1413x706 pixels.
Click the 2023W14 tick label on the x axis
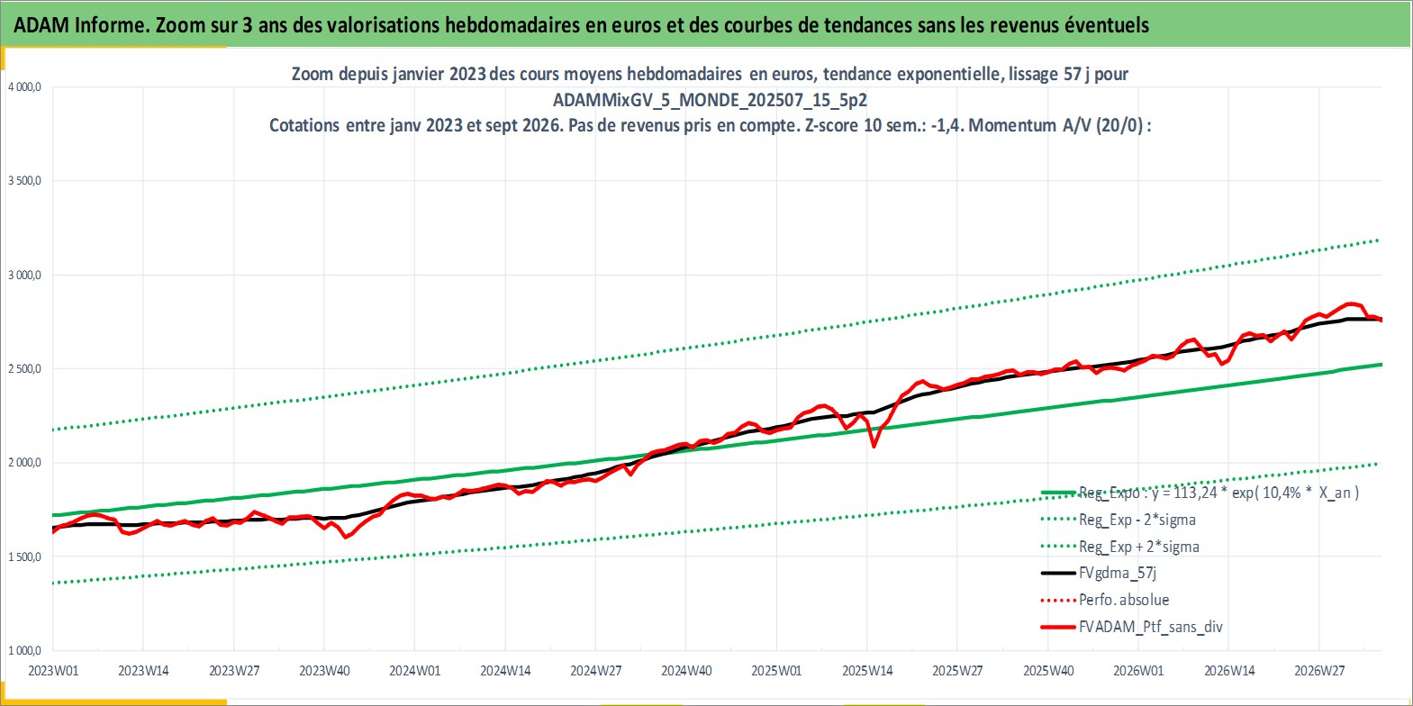[x=143, y=671]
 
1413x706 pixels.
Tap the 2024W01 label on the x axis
[x=414, y=671]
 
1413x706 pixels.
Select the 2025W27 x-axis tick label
[x=957, y=671]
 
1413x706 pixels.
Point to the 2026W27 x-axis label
[x=1319, y=671]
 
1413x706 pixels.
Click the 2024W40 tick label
[x=685, y=671]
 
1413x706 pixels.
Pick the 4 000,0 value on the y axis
[x=24, y=87]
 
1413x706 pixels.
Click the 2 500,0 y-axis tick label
[x=24, y=369]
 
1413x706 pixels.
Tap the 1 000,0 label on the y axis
[x=24, y=650]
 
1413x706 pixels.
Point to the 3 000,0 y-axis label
[x=24, y=275]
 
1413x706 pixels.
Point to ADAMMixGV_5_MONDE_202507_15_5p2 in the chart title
[x=710, y=100]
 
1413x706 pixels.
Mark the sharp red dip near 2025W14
[x=874, y=446]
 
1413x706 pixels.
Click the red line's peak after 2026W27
[x=1351, y=303]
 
